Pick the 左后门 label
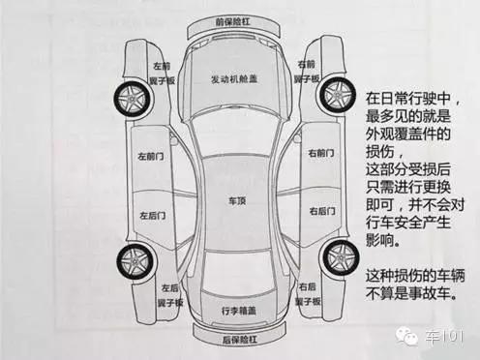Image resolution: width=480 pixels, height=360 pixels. [152, 215]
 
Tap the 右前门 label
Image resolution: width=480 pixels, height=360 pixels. [320, 154]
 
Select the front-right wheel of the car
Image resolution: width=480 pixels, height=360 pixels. [341, 98]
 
